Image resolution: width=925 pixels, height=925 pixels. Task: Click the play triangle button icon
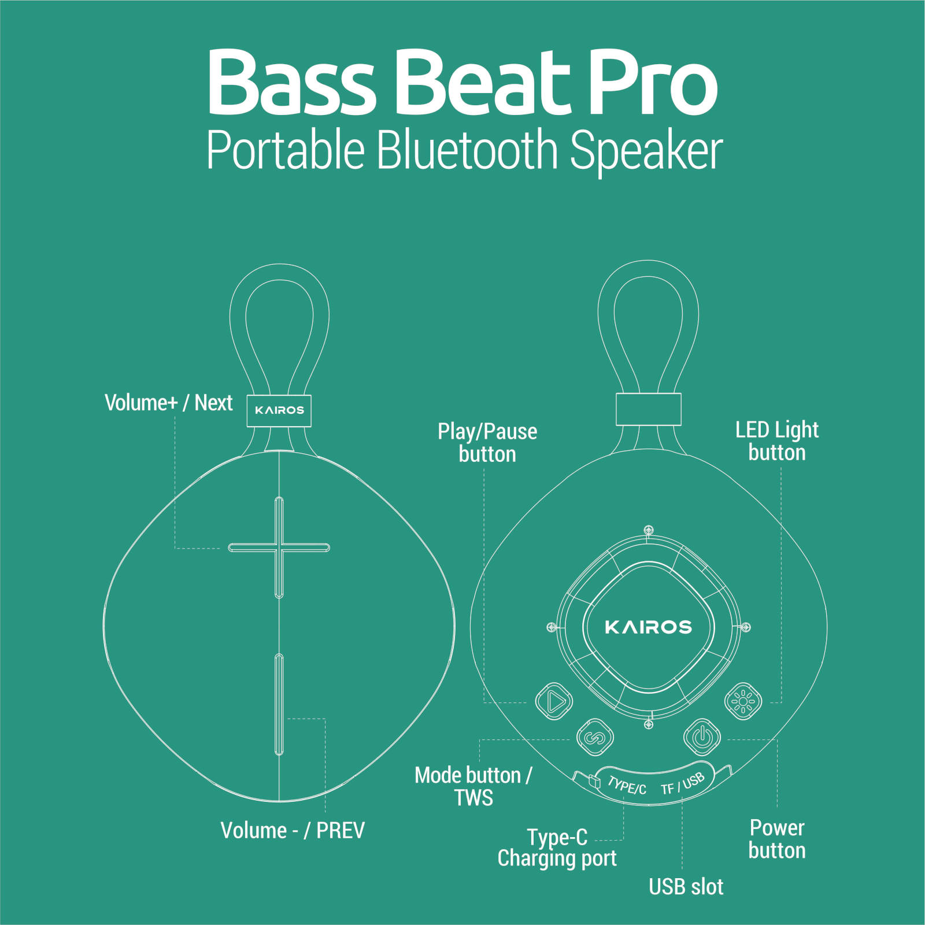(x=554, y=701)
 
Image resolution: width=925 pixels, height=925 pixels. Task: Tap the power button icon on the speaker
(x=702, y=737)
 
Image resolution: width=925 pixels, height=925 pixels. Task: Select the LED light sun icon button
(x=743, y=702)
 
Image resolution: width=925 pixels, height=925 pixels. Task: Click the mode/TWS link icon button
(x=595, y=737)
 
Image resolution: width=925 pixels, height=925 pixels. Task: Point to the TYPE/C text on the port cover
(x=627, y=786)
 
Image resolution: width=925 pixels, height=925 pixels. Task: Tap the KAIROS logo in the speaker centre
(x=648, y=627)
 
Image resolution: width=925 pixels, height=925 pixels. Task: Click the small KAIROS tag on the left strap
(x=279, y=410)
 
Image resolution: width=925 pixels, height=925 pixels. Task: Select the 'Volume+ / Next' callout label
(x=168, y=403)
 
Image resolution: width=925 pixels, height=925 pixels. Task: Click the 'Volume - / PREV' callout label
(x=293, y=831)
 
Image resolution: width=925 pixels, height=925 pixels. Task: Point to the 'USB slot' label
(x=686, y=887)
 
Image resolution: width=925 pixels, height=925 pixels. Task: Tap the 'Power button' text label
(x=777, y=839)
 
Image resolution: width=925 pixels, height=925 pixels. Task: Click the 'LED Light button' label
(x=777, y=441)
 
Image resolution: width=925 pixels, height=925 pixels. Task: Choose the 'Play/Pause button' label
(x=487, y=443)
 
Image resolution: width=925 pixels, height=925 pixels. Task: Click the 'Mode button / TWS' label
(x=473, y=786)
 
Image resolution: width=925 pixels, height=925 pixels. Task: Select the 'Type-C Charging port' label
(x=557, y=848)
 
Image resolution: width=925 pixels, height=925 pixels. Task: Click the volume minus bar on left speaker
(x=279, y=704)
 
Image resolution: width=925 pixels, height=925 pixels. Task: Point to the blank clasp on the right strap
(x=648, y=409)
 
